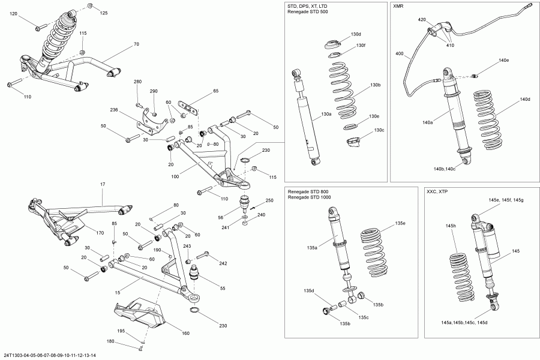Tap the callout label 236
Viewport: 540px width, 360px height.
[x=115, y=110]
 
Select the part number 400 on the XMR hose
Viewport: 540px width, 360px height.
[x=400, y=54]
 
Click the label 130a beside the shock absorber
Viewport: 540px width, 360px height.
[x=326, y=113]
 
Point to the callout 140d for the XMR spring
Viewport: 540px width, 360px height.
[x=525, y=99]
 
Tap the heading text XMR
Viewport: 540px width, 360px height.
[x=398, y=7]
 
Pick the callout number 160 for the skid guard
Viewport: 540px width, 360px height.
[x=185, y=334]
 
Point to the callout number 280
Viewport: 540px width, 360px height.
[x=137, y=82]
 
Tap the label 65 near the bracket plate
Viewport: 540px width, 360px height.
[x=215, y=91]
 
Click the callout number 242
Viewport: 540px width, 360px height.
[x=223, y=263]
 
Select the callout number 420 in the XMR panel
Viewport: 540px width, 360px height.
[x=422, y=20]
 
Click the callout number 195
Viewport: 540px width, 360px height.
[x=121, y=331]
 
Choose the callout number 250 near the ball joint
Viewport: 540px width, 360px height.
[x=269, y=200]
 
